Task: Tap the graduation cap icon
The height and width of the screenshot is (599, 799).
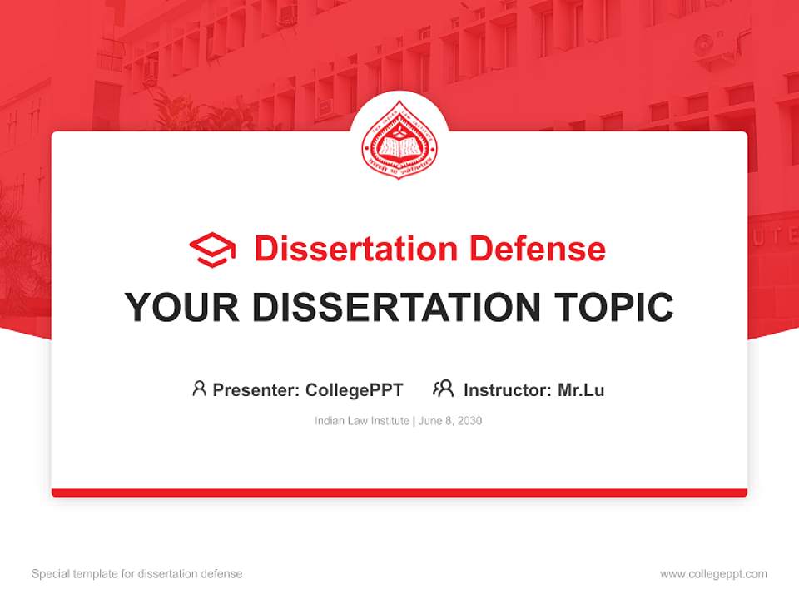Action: pyautogui.click(x=212, y=250)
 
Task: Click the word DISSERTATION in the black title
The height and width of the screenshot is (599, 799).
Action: pyautogui.click(x=395, y=308)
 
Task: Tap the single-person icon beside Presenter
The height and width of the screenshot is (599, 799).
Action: pyautogui.click(x=199, y=389)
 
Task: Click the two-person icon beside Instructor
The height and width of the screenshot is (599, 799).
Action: pyautogui.click(x=443, y=389)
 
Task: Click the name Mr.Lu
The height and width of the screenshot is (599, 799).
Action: pyautogui.click(x=581, y=389)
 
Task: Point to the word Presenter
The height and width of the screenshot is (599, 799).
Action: pyautogui.click(x=255, y=389)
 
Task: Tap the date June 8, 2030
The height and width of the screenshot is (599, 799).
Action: pyautogui.click(x=450, y=421)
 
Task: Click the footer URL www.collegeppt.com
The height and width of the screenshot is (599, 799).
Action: pyautogui.click(x=713, y=574)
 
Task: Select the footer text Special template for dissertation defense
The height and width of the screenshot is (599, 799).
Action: pyautogui.click(x=137, y=574)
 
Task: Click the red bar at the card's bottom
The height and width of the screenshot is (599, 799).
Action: pyautogui.click(x=399, y=493)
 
